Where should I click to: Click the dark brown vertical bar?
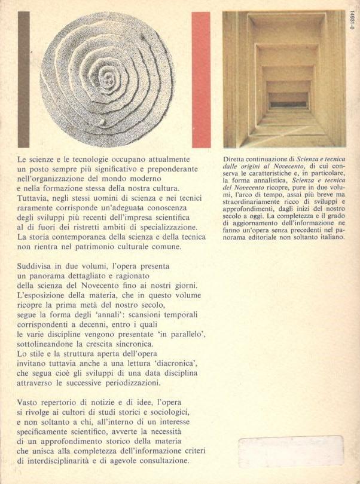coord(23,79)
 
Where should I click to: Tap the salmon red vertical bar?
coord(201,79)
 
